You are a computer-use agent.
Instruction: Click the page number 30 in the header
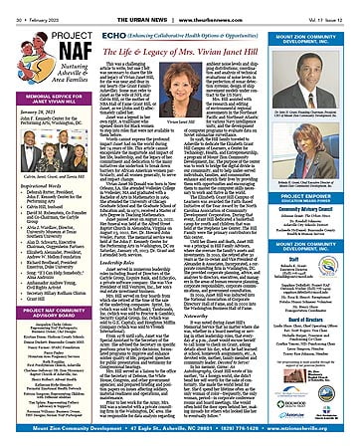[x=9, y=6]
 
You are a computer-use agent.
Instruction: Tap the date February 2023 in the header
[x=35, y=6]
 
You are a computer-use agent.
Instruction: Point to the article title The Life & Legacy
[x=178, y=37]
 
